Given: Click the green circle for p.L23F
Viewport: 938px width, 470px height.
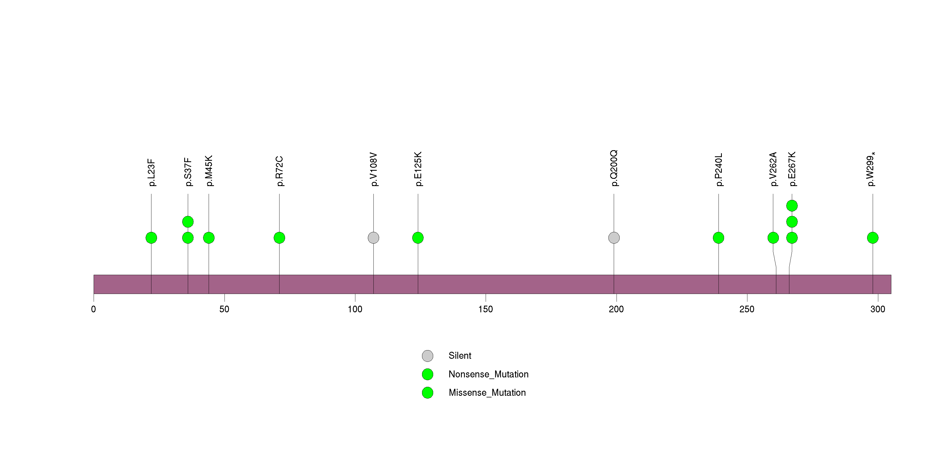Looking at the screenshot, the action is click(151, 238).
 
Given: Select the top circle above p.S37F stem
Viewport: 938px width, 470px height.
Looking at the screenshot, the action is click(188, 222).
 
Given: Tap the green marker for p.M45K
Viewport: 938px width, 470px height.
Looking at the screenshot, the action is click(209, 238).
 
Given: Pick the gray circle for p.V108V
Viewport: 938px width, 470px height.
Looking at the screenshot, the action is click(373, 238).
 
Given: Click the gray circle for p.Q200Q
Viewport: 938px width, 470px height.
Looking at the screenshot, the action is click(614, 238).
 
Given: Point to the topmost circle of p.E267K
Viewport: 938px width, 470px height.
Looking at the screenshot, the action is click(792, 206).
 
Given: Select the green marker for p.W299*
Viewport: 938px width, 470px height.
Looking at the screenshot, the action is click(873, 238).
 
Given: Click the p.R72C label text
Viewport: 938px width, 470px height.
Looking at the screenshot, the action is click(279, 171).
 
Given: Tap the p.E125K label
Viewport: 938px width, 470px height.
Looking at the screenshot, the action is click(418, 169).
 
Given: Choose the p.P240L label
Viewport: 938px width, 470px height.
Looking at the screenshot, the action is click(719, 170).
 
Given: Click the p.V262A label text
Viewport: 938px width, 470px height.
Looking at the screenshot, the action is click(773, 169).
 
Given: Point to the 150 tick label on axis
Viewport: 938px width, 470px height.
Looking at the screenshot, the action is click(485, 309).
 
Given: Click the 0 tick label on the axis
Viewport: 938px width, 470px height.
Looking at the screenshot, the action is click(94, 309).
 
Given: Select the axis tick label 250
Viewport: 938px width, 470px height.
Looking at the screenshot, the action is click(747, 309).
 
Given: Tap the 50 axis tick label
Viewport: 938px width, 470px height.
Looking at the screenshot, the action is click(224, 309).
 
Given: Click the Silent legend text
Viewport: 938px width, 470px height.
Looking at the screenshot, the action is click(460, 356).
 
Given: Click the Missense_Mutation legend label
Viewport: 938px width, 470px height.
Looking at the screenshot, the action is click(487, 392).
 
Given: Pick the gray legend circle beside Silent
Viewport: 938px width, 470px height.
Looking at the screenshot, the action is click(428, 356).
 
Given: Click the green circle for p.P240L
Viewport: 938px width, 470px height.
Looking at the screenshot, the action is click(719, 238).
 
